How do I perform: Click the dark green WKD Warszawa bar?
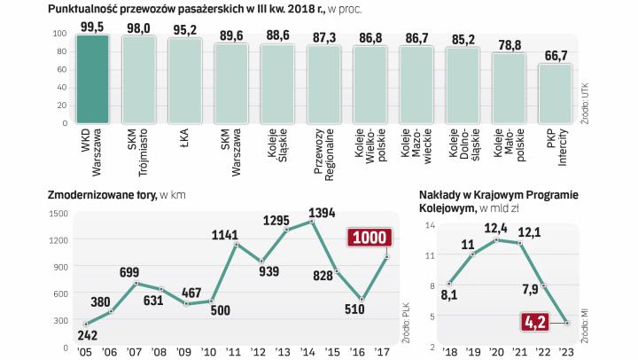tap(92, 81)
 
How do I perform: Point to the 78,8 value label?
tap(509, 45)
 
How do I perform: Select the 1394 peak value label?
tap(322, 213)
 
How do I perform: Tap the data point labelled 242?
tap(87, 324)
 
